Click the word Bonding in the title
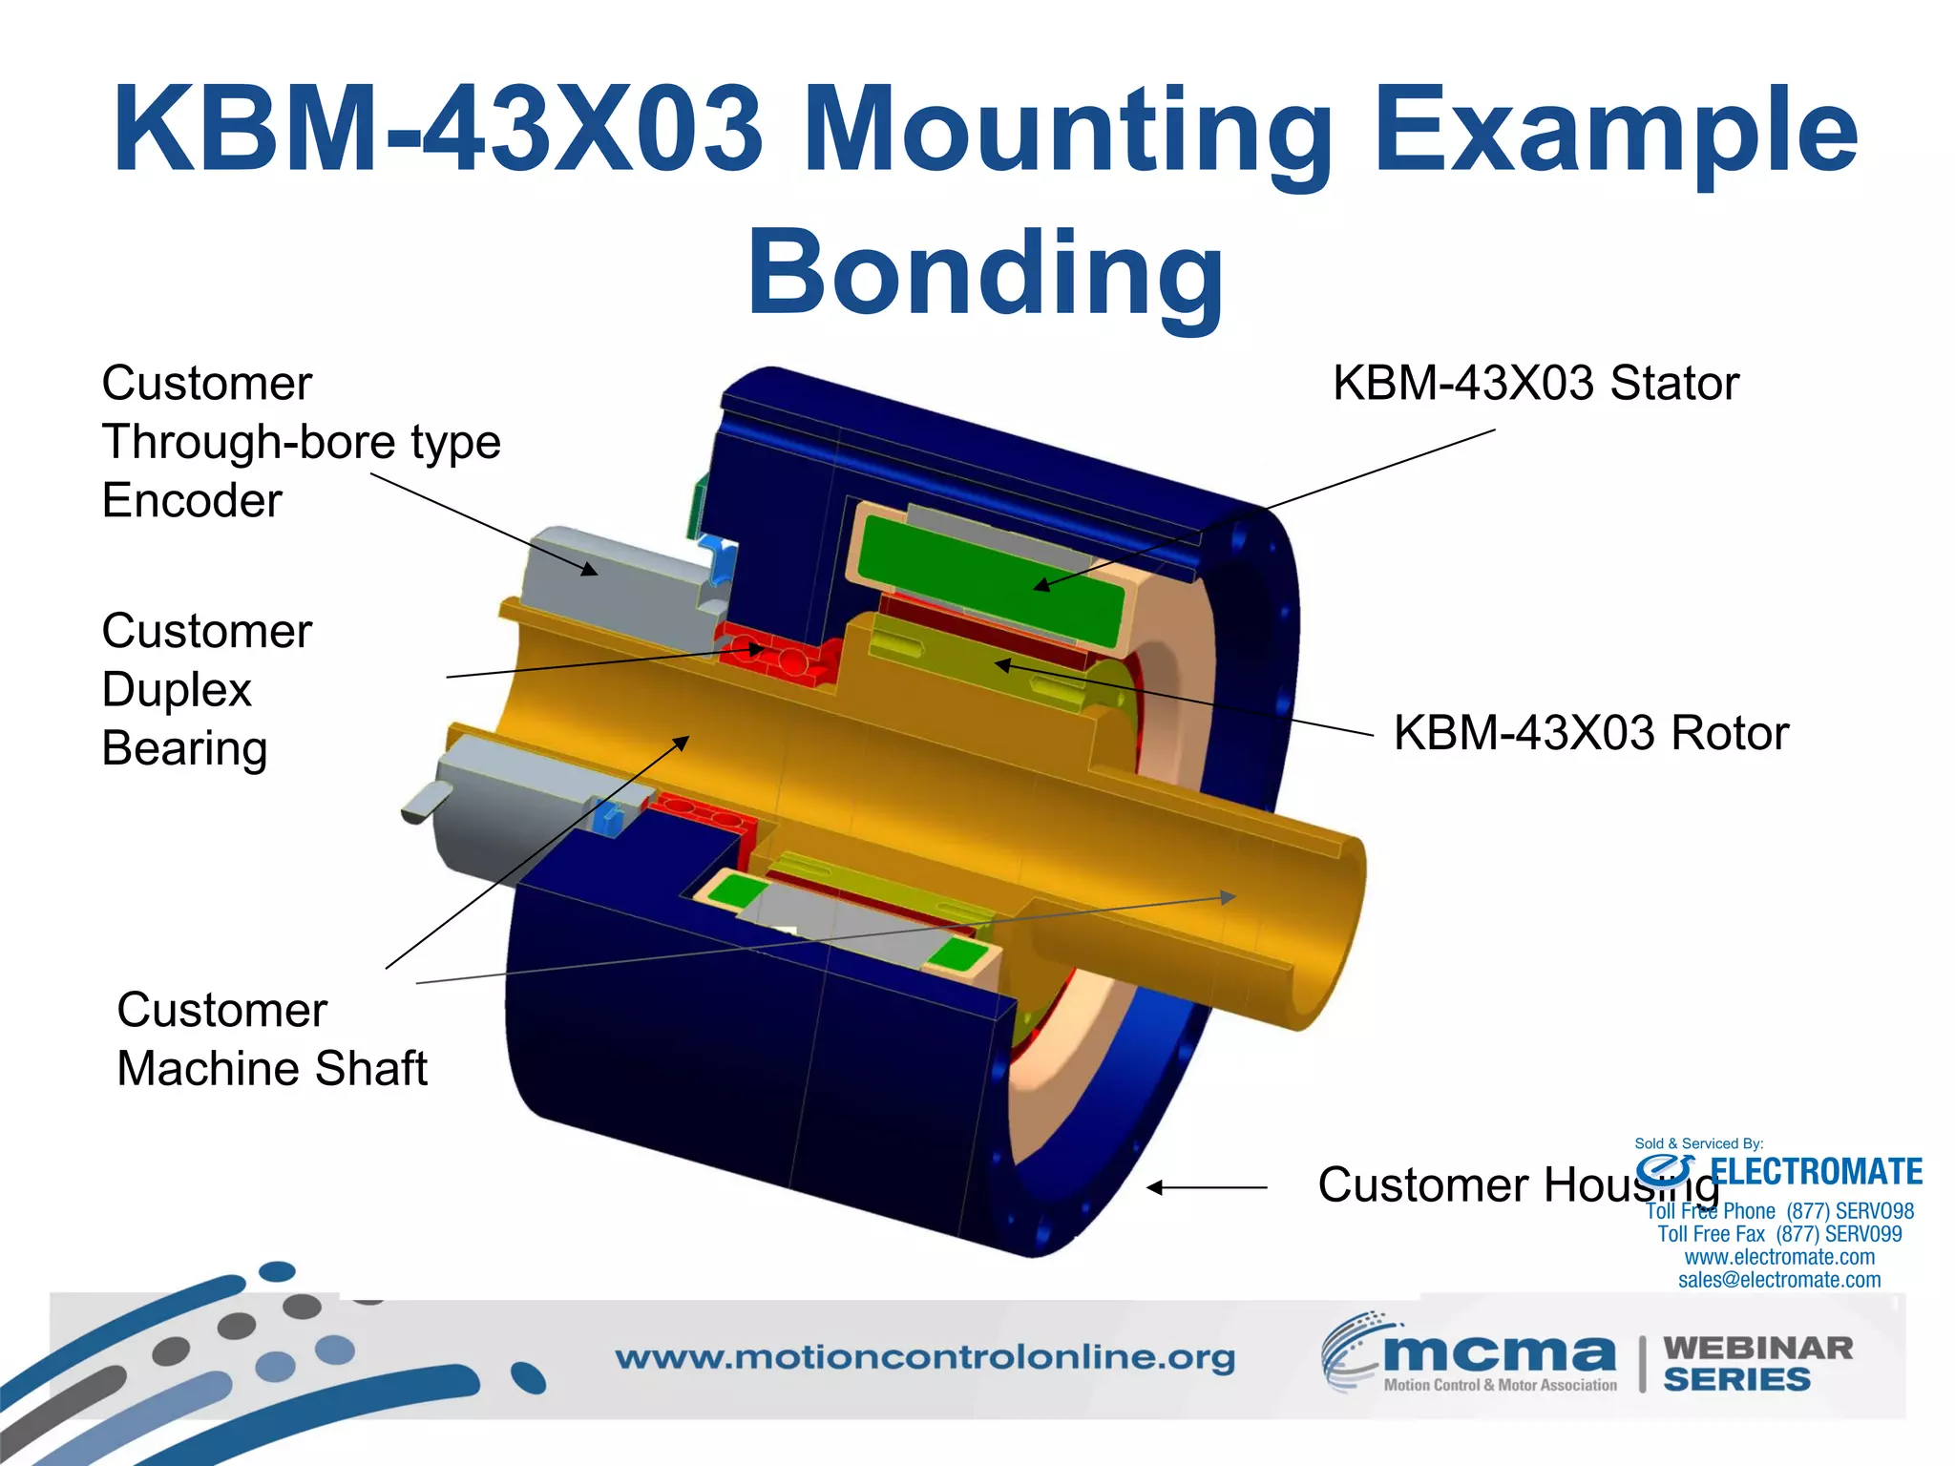click(x=985, y=275)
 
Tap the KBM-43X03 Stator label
click(x=1535, y=384)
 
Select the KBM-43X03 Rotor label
click(x=1590, y=733)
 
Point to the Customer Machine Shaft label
click(x=272, y=1039)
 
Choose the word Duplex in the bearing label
click(x=177, y=690)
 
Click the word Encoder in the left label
click(x=192, y=501)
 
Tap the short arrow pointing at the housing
click(x=1207, y=1187)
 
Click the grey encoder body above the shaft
click(x=611, y=582)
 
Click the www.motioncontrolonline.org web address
click(x=924, y=1357)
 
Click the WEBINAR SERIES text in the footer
click(x=1756, y=1364)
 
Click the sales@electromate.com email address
click(x=1779, y=1280)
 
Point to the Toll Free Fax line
click(x=1779, y=1234)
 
